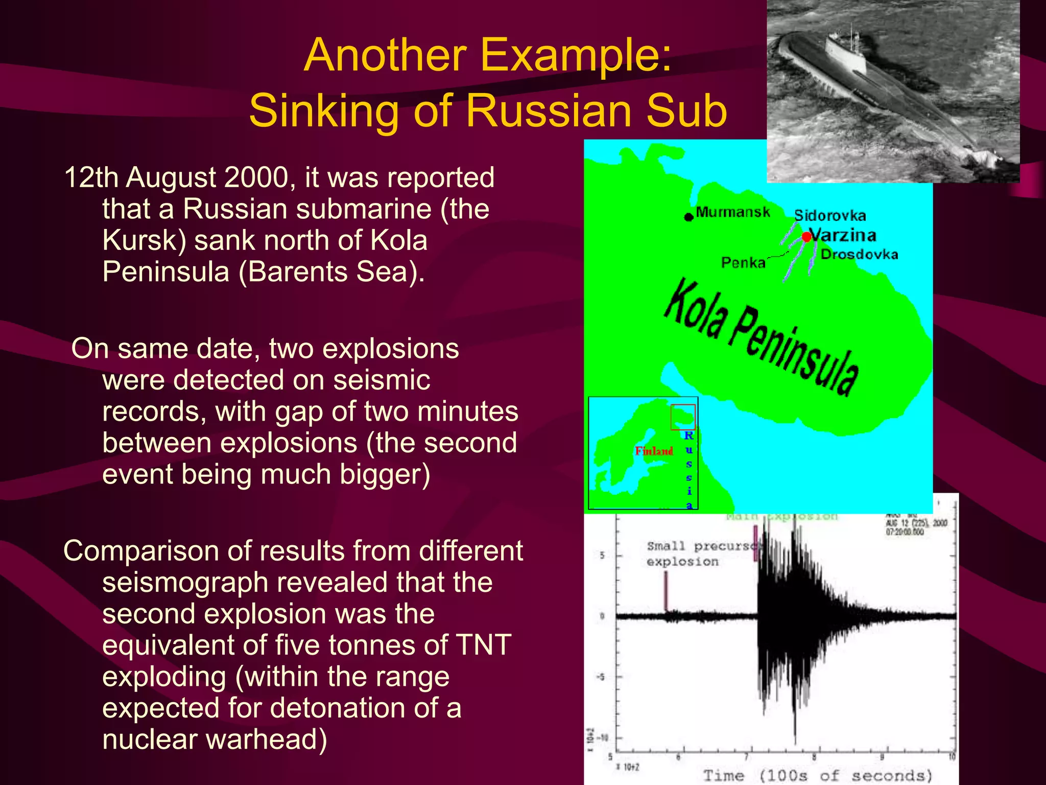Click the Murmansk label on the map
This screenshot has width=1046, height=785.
(x=732, y=212)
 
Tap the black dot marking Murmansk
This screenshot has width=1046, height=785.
(x=688, y=217)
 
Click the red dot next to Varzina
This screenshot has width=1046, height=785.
(x=806, y=237)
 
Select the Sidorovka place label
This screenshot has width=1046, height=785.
(x=830, y=215)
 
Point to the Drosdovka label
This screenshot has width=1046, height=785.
(x=859, y=254)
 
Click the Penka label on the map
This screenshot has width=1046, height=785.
(x=743, y=263)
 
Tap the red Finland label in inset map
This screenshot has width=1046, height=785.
(x=654, y=451)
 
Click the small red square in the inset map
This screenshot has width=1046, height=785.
(x=683, y=417)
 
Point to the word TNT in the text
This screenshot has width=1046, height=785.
(x=483, y=644)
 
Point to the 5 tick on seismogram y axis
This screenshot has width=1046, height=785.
(x=602, y=555)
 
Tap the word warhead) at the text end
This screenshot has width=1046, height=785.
(x=266, y=739)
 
